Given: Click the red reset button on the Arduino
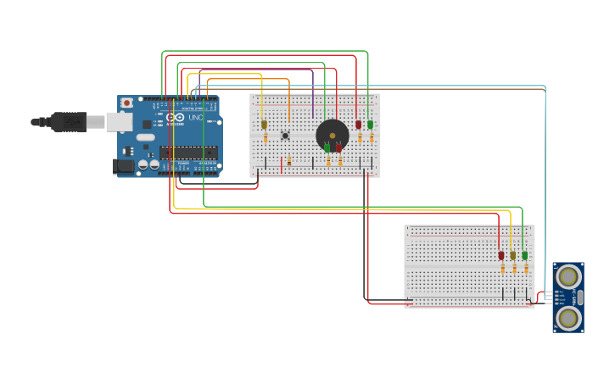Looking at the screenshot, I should [126, 103].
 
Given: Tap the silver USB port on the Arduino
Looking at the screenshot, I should [119, 122].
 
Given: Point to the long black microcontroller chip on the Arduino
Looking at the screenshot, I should [187, 153].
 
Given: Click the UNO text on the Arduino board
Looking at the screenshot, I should [195, 117].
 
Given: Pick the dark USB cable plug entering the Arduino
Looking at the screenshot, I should [68, 122].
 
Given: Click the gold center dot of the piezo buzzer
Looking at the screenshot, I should [333, 136].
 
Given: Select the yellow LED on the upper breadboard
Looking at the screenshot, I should [264, 125].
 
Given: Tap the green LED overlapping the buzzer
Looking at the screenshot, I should [327, 147].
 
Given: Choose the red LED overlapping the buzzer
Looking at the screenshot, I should [338, 147].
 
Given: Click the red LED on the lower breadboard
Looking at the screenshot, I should [501, 255].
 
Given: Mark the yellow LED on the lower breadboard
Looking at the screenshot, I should [512, 255].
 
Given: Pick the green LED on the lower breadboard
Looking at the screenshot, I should [524, 255].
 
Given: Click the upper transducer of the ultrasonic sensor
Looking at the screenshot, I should [568, 275].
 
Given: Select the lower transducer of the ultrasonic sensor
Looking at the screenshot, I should [568, 319].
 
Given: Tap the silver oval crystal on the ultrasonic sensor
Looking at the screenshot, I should [580, 297].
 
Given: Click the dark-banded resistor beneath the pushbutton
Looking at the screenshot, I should [288, 159].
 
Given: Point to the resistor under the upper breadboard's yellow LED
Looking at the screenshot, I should [266, 138].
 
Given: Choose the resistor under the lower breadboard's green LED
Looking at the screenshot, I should [526, 269].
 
